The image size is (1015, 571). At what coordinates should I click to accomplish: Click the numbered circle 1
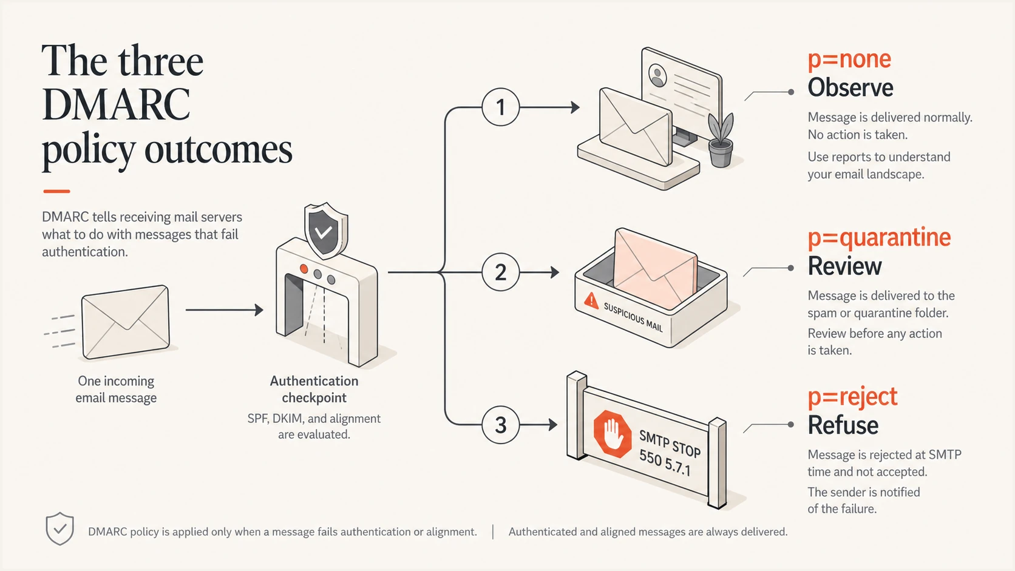tap(500, 107)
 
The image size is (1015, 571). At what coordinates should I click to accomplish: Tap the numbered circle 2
tap(500, 272)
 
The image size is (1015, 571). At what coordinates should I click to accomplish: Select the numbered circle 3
tap(500, 425)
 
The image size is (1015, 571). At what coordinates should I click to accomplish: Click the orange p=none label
tap(849, 60)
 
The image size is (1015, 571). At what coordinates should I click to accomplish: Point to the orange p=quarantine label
tap(879, 238)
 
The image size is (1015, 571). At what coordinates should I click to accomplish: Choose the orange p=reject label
tap(852, 397)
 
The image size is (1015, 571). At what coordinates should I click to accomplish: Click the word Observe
tap(850, 87)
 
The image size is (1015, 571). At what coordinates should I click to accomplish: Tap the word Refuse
tap(843, 425)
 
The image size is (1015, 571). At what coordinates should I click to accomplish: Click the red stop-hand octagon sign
tap(612, 434)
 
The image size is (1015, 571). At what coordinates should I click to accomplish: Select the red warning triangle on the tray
tap(591, 300)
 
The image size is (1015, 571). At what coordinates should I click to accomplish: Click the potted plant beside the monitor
tap(721, 140)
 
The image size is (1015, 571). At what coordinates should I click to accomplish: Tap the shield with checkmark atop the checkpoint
tap(324, 231)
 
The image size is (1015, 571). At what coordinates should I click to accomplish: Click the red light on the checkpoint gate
tap(304, 269)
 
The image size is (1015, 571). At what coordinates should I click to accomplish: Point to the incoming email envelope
tap(126, 322)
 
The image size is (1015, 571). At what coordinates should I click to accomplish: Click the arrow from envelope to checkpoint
tap(224, 309)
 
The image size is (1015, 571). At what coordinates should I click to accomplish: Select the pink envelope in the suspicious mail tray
tap(655, 269)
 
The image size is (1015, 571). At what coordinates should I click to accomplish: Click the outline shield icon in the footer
tap(60, 529)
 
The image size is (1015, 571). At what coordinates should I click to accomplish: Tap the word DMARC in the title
tap(116, 104)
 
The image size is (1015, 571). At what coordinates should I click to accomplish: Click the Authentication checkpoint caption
tap(314, 389)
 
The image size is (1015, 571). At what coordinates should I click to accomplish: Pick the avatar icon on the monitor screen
tap(657, 75)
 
